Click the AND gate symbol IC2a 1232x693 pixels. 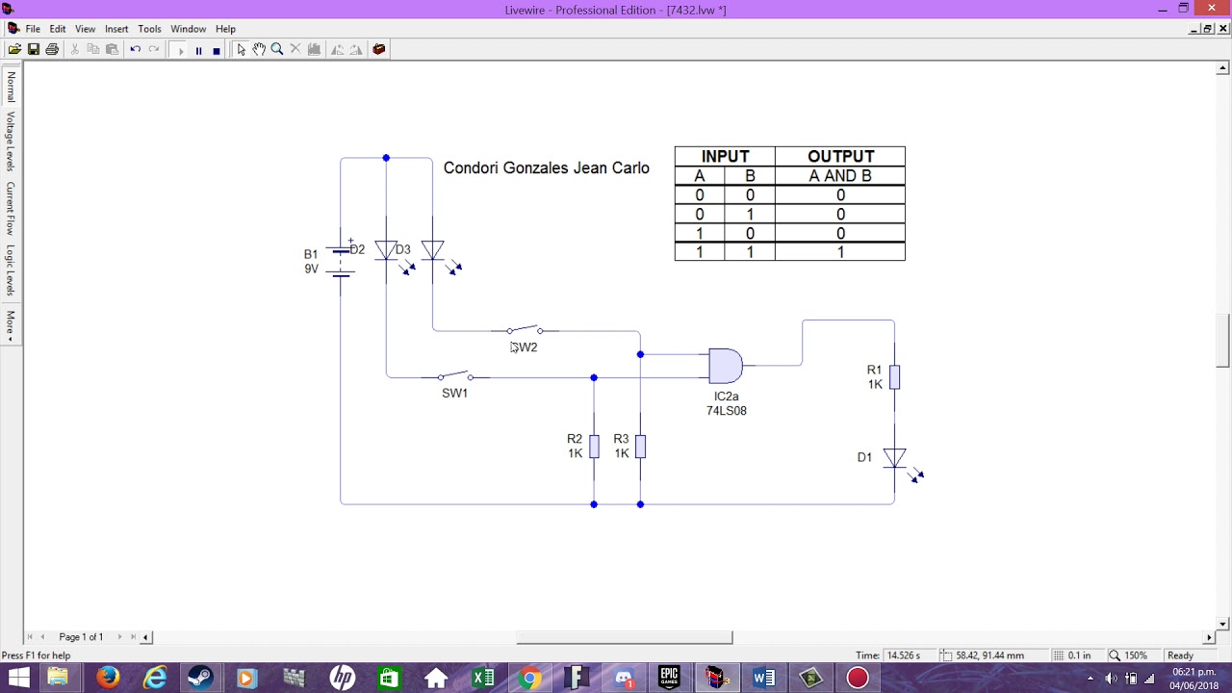(x=725, y=366)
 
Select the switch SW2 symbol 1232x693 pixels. (x=525, y=330)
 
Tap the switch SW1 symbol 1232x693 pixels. (x=455, y=376)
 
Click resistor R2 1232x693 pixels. (x=594, y=446)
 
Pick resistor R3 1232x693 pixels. (x=640, y=446)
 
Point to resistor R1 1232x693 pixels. (x=894, y=376)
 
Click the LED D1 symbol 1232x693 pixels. (x=894, y=458)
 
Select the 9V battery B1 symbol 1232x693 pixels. (x=341, y=261)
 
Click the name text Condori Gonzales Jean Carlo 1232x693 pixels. (x=546, y=167)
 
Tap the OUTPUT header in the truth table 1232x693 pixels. (x=840, y=156)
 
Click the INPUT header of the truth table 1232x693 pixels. (x=725, y=156)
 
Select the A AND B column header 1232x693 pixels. (x=840, y=176)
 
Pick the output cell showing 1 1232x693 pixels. (x=840, y=252)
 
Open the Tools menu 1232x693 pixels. (x=149, y=29)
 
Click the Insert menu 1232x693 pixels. (x=116, y=29)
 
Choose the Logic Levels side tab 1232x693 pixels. (x=11, y=270)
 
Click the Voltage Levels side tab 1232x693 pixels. (x=11, y=141)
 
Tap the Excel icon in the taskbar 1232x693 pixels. (x=482, y=678)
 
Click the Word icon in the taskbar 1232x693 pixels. (x=763, y=678)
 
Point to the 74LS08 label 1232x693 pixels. (x=726, y=411)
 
